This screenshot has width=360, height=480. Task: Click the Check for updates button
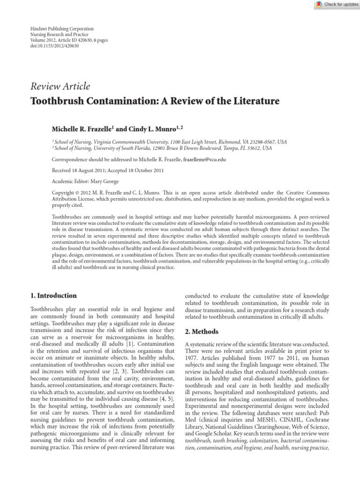tap(337, 4)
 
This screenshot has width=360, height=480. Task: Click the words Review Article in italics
tap(60, 86)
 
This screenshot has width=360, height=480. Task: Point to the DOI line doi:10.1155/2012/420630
tap(54, 46)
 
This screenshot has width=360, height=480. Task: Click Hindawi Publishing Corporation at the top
tap(62, 29)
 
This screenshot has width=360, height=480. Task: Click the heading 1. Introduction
tap(53, 296)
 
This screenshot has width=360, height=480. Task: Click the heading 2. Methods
tap(202, 331)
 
